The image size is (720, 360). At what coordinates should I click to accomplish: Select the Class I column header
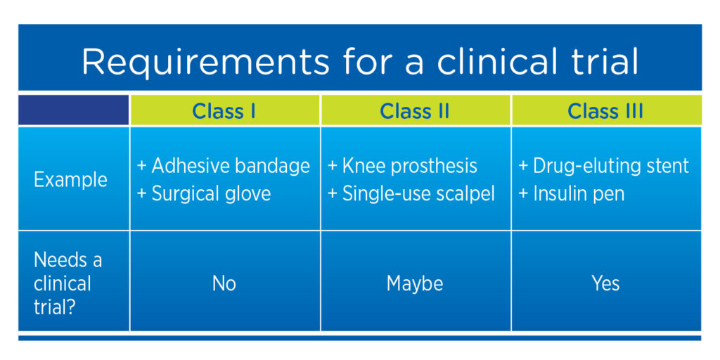[224, 111]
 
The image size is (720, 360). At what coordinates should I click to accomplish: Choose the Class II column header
[414, 111]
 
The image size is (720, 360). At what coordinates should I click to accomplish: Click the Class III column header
[605, 111]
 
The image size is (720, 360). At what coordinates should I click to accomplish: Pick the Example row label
[70, 179]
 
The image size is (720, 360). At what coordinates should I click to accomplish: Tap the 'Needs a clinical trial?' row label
[67, 283]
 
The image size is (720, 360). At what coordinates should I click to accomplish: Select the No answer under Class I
[224, 284]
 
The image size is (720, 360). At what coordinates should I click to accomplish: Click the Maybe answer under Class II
[415, 284]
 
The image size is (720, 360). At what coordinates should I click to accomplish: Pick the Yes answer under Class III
[605, 284]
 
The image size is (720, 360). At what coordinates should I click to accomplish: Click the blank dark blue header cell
[74, 111]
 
